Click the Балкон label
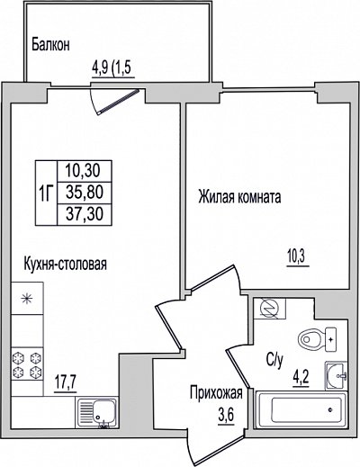coord(50,45)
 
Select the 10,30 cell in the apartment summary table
coord(85,171)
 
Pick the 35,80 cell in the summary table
coord(85,193)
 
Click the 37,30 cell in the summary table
coord(85,214)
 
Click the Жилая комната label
coord(239,197)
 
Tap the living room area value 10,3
coord(298,257)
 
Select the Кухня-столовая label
coord(65,264)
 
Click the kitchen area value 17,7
coord(66,383)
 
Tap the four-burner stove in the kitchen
coord(27,364)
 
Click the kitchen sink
coord(97,412)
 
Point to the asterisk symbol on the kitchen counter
coord(27,299)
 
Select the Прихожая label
coord(216,393)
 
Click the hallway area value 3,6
coord(226,416)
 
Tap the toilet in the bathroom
coord(317,339)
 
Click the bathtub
coord(301,409)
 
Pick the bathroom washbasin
coord(337,375)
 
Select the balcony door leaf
coord(119,102)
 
